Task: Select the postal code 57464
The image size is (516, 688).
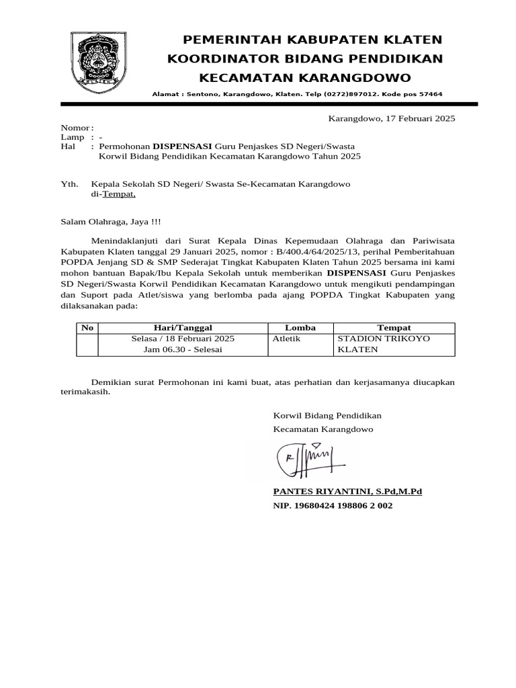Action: [x=430, y=95]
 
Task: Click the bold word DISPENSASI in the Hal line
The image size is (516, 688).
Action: [x=182, y=146]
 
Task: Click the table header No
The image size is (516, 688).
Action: [x=87, y=328]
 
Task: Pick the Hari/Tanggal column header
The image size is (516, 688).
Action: [x=183, y=328]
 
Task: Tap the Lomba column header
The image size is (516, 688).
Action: [x=300, y=328]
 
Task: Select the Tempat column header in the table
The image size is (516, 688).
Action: [x=394, y=328]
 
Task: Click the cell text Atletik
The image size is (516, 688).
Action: [x=286, y=339]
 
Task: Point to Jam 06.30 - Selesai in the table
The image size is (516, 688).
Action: [x=183, y=350]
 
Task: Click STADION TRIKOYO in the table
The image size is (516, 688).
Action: [x=383, y=339]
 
